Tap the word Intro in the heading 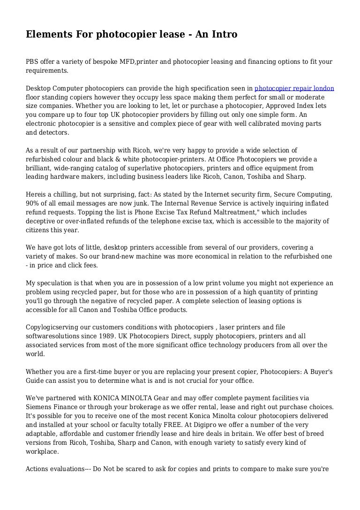pyautogui.click(x=224, y=34)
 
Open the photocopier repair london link pyautogui.click(x=294, y=88)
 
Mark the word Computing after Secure pyautogui.click(x=316, y=194)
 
